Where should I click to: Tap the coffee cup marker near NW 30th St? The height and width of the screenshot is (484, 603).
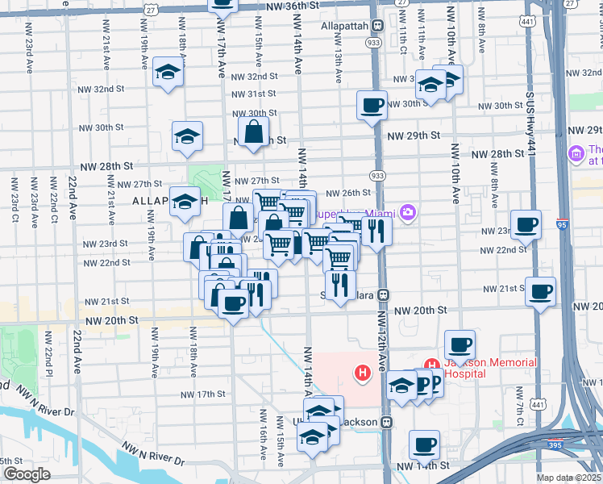(x=372, y=106)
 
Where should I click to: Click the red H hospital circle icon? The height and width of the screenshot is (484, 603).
(x=363, y=372)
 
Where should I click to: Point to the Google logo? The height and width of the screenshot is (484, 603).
(x=26, y=474)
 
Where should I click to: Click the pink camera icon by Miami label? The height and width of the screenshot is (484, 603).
(x=409, y=212)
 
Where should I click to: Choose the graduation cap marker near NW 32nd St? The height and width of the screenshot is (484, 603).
(x=168, y=73)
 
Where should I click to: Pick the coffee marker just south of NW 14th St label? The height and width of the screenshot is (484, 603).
(x=424, y=444)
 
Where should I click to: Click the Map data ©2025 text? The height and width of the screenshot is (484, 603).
(x=568, y=478)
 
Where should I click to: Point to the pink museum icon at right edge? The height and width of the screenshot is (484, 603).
(x=576, y=153)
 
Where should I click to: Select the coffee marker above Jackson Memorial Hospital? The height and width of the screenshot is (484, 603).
(x=460, y=344)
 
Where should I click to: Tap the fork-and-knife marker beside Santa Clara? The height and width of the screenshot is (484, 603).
(x=340, y=285)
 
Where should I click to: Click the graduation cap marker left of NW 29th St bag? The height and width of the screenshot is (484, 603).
(x=187, y=136)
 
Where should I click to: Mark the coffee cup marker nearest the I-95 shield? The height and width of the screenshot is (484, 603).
(x=526, y=225)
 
